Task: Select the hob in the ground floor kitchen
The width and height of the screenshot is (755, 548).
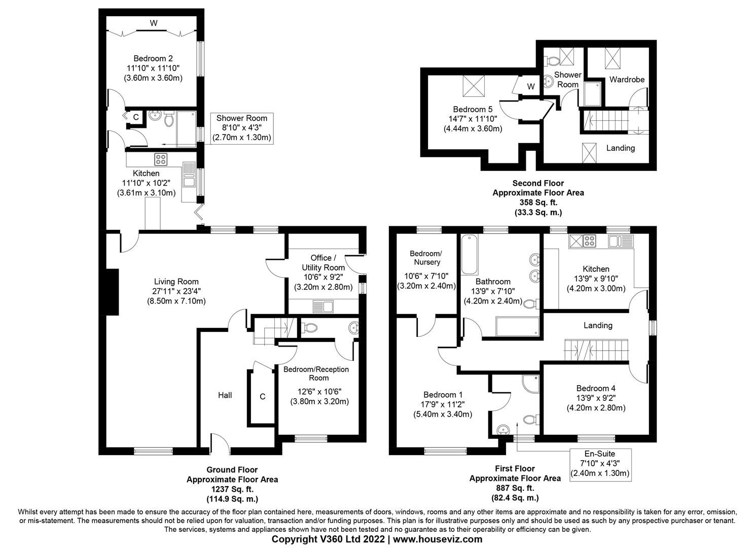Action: coord(161,159)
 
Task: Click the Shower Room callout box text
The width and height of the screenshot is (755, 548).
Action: coord(242,127)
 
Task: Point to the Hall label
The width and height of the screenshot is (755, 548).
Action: coord(225,395)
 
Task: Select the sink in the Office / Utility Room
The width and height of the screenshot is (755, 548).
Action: coord(322,305)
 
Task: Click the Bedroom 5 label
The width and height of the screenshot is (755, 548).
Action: coord(473,109)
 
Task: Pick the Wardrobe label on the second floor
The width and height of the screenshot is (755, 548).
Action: coord(627,80)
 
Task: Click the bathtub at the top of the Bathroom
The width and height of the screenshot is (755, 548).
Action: coord(470,254)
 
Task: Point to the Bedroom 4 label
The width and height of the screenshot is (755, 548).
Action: coord(596,388)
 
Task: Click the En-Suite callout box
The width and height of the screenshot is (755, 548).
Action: coord(600,464)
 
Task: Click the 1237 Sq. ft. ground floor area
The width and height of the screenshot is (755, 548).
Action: coord(232,489)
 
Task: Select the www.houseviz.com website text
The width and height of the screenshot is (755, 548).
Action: coord(438,539)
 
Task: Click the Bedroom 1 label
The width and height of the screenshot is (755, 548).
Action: coord(443,395)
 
